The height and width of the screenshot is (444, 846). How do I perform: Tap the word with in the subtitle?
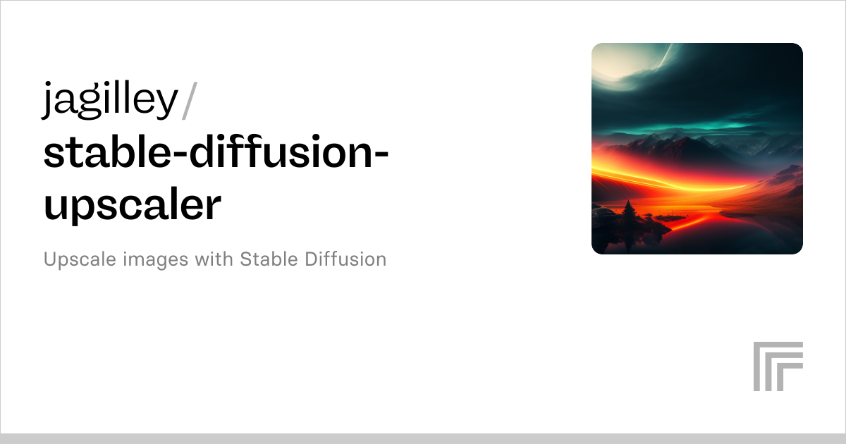point(214,259)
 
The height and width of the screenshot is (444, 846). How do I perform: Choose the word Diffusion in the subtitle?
point(345,259)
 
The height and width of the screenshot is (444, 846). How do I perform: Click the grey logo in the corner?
point(778,366)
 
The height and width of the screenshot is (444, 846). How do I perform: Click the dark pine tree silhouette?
point(627,212)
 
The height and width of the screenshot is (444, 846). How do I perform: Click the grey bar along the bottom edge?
point(423,438)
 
